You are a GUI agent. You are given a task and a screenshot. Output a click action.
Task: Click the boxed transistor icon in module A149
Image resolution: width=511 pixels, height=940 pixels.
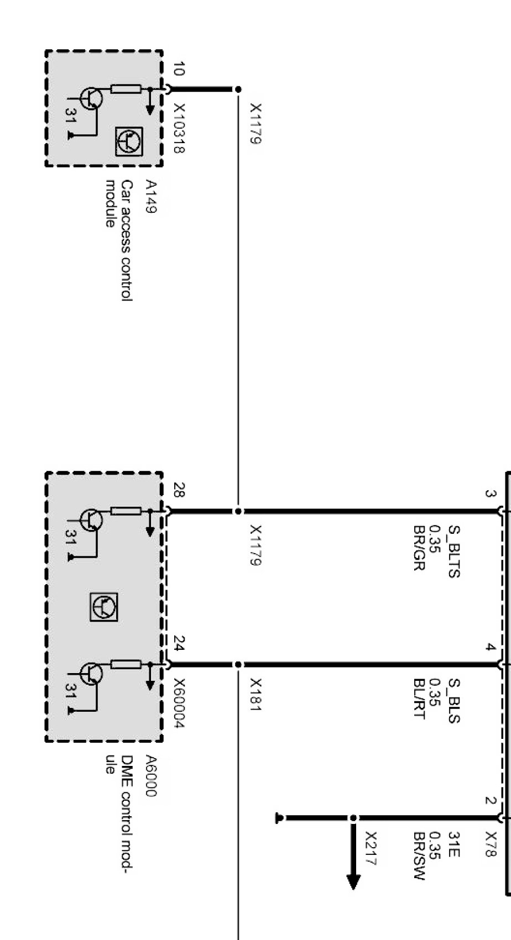point(129,141)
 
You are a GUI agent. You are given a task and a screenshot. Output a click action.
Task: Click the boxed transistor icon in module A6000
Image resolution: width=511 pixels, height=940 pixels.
point(104,606)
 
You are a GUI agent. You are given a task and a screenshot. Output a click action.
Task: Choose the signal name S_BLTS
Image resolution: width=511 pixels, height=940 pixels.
point(453,551)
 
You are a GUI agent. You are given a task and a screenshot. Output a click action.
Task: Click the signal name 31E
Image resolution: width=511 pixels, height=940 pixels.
point(453,845)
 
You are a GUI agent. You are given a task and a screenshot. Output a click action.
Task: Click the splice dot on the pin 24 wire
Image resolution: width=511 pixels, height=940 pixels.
point(238,664)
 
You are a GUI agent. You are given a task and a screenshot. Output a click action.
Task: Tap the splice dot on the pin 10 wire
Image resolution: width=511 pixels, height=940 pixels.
point(238,89)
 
